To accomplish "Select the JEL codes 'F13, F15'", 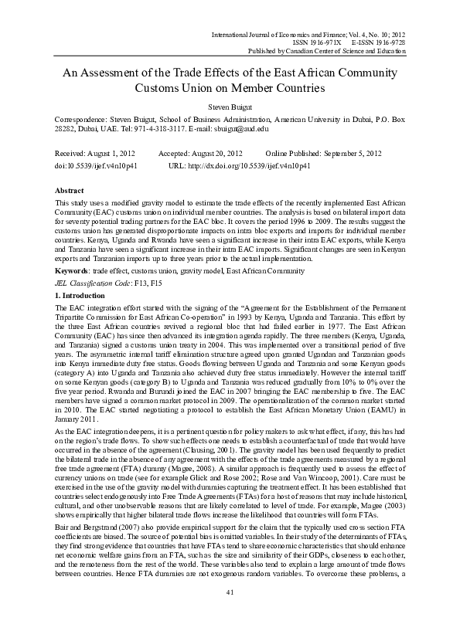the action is coord(141,286).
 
